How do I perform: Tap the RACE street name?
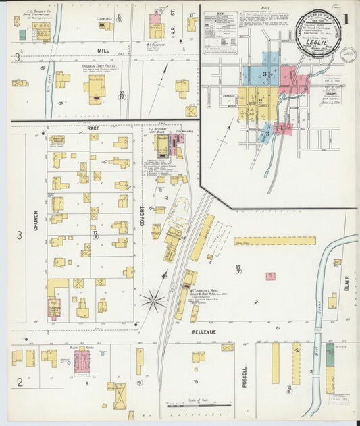[93, 127]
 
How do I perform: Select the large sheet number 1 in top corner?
[346, 20]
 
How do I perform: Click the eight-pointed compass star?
[154, 300]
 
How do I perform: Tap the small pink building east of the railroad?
[270, 276]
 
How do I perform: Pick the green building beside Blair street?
[330, 354]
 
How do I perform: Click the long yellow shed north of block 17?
[275, 240]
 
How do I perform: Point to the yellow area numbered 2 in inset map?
[259, 102]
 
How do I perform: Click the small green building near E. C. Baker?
[22, 34]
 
